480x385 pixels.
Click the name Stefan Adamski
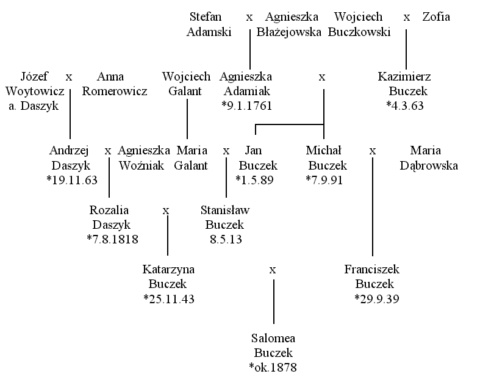pos(209,24)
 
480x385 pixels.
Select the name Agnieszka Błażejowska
pos(288,24)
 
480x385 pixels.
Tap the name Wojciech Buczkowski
pos(359,24)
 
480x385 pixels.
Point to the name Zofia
pos(436,16)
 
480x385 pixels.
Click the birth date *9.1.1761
pos(247,106)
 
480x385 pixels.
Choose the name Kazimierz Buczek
pos(404,84)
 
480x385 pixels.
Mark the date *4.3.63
pos(405,106)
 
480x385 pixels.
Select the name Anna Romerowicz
pos(115,84)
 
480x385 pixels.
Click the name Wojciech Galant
pos(186,84)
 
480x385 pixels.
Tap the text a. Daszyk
pos(34,106)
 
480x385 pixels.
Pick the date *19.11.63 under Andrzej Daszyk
pos(72,180)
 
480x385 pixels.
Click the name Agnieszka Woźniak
pos(143,158)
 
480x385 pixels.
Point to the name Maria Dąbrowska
pos(429,158)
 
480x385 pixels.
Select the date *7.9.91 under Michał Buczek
pos(324,180)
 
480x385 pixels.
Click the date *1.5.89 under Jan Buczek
pos(254,180)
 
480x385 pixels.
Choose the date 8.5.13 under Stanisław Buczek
pos(226,239)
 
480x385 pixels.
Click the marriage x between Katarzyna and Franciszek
pos(273,270)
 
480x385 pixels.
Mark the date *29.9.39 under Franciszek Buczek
pos(377,298)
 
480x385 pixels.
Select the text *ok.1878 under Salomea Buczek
pos(273,367)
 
